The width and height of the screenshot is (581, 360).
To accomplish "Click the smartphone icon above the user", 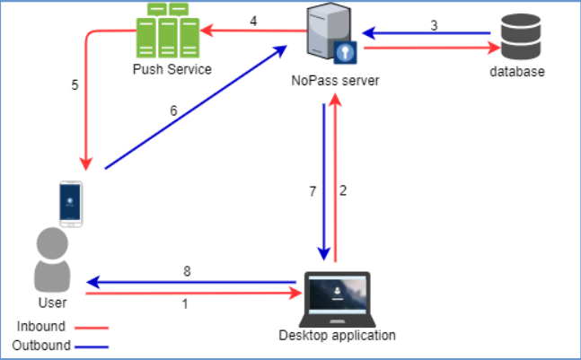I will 70,204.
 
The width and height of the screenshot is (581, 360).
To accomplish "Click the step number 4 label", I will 253,21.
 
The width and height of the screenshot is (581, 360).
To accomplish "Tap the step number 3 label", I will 434,25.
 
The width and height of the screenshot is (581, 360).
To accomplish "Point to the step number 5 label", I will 75,86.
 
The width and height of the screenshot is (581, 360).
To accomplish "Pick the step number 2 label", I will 343,191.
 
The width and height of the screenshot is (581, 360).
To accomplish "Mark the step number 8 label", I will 187,270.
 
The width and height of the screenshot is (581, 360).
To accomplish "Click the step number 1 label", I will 185,303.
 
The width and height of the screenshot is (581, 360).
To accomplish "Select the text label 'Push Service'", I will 171,69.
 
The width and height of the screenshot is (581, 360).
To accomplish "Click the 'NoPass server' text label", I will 334,81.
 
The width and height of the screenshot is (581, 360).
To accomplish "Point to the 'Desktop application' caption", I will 337,337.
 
